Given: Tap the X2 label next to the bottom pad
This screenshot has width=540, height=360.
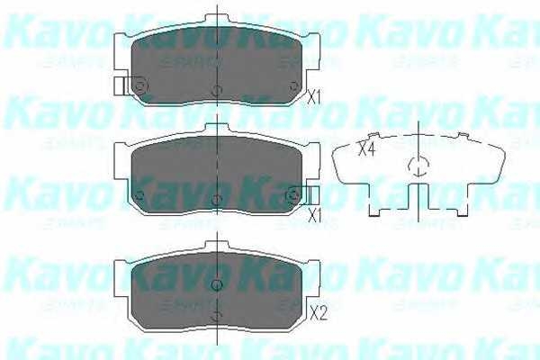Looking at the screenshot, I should pos(316,313).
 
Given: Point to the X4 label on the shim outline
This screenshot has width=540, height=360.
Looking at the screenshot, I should pos(365,149).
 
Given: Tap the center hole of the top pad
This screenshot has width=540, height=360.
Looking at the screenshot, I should pos(216,91).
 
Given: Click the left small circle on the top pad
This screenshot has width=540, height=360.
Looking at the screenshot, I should pos(140,85).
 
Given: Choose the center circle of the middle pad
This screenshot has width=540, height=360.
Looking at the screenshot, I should pos(216,199).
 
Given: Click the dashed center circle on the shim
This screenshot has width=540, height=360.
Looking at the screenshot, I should pos(418,165).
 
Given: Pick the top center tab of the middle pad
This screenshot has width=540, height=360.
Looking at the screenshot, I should pos(216,129).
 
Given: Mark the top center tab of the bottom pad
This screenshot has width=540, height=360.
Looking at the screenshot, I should pos(216,246).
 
